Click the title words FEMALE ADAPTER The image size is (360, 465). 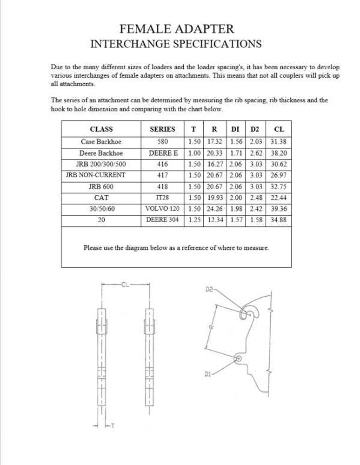(177, 29)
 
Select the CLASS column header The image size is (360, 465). (101, 129)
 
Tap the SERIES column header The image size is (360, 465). (162, 129)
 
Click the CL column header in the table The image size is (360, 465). (279, 129)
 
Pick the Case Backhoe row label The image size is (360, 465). (101, 141)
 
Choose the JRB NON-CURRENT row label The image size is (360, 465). (101, 175)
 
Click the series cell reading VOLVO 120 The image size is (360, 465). (162, 209)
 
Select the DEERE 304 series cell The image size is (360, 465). (162, 220)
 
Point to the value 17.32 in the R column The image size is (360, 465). (216, 141)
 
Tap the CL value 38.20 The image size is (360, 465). (279, 153)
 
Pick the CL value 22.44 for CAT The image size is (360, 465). (279, 198)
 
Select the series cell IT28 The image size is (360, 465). (162, 198)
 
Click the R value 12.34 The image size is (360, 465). (216, 220)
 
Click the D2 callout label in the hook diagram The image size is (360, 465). (209, 289)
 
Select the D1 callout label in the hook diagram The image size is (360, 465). (208, 374)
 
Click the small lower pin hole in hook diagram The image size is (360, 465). (238, 359)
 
